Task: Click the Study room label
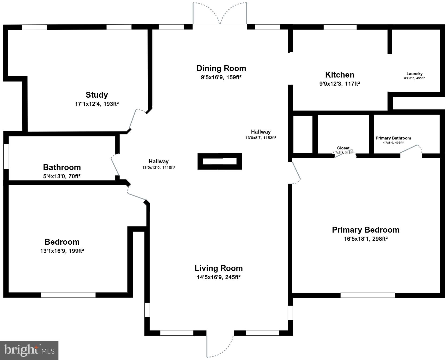tap(97, 95)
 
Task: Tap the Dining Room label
tap(221, 68)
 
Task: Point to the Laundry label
tap(414, 74)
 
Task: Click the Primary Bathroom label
tap(393, 138)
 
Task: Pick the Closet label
tap(343, 148)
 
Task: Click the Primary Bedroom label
tap(365, 230)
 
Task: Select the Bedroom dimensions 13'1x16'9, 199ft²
tap(62, 251)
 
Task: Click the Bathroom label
tap(62, 167)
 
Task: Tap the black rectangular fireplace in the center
tap(220, 161)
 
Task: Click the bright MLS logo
tap(29, 350)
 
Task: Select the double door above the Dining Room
tap(220, 13)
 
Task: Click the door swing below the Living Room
tap(219, 346)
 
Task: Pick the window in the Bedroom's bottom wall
tap(68, 295)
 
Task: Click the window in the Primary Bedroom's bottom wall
tap(368, 295)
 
